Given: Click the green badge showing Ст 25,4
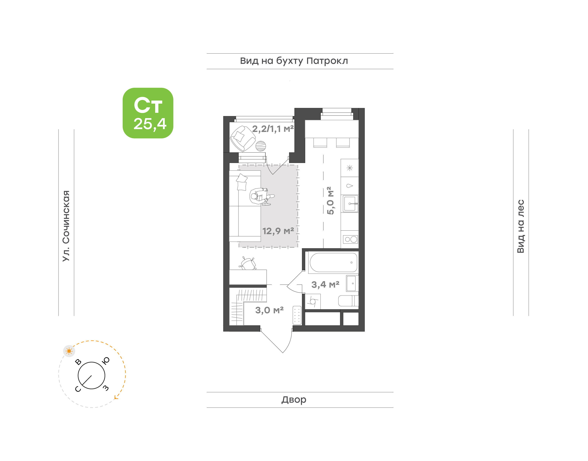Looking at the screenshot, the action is click(148, 113).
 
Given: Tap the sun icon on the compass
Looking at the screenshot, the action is click(69, 351).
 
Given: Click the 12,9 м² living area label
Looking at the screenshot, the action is click(278, 231).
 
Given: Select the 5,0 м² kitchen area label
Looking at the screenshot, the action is click(330, 201).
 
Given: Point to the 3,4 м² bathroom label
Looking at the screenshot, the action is click(325, 285).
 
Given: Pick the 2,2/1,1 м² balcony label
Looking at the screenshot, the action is click(273, 129).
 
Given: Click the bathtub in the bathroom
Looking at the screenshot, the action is click(333, 262).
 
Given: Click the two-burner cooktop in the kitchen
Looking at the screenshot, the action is click(351, 239).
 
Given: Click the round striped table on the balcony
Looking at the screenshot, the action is click(261, 146).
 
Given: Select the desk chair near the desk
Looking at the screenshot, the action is click(248, 263).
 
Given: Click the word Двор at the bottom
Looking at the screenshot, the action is click(294, 399).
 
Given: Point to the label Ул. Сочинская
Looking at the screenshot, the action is click(66, 226).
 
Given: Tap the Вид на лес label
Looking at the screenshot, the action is click(520, 226).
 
